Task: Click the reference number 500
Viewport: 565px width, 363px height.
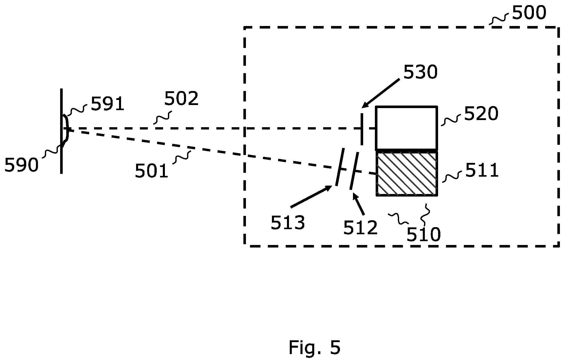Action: [x=529, y=13]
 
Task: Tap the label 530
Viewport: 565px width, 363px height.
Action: [x=421, y=72]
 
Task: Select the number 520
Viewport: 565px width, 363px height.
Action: [x=481, y=114]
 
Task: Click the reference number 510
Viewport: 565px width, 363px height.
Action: [x=424, y=234]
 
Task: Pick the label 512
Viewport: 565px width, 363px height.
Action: [x=360, y=228]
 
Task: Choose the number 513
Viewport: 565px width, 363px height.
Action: [x=288, y=223]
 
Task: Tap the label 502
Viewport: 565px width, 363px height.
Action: [x=181, y=98]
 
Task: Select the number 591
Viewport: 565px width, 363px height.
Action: [x=108, y=104]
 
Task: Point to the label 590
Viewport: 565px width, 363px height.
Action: [x=21, y=165]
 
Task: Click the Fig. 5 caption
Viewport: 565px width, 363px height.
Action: [x=314, y=347]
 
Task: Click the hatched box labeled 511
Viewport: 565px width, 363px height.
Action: [x=407, y=173]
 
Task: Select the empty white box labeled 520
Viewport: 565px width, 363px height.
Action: [x=407, y=128]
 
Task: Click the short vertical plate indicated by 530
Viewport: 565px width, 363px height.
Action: [x=362, y=129]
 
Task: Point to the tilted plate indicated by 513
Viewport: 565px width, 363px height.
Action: [x=340, y=167]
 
